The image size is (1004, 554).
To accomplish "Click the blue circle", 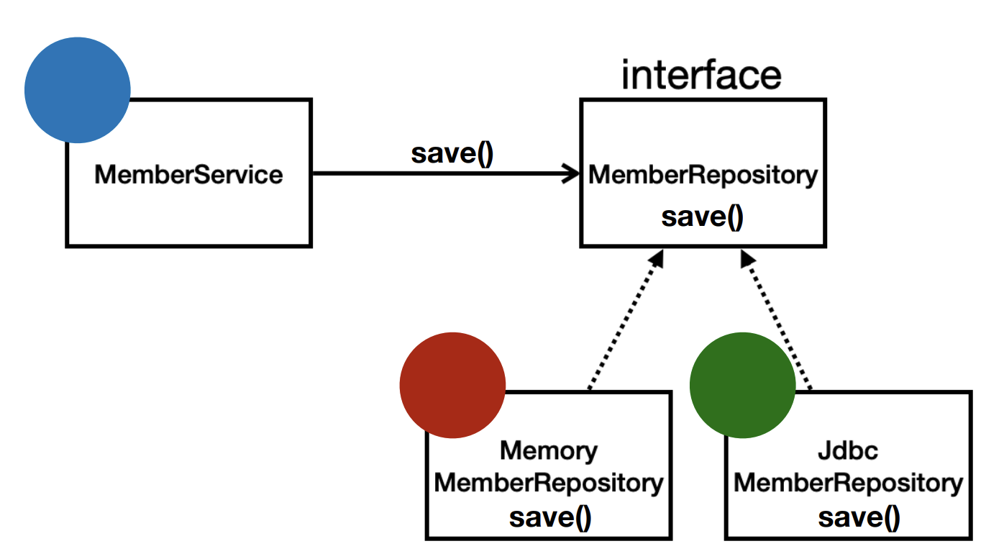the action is pos(78,90).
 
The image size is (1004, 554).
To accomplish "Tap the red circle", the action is pos(452,385).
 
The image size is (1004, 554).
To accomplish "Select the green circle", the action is pos(743,385).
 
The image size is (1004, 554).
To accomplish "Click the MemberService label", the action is pos(188,174).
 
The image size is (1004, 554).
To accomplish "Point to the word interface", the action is pos(701,75).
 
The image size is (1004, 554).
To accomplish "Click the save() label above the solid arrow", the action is pos(452,154).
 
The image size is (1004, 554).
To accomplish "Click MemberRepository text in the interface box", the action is pos(703,176).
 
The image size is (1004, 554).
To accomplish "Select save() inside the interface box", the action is pos(703,218).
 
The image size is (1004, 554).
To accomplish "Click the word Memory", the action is pos(549,451).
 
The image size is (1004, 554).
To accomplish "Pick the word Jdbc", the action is pos(848,450).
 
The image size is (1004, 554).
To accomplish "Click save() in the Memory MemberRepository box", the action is pos(550,518).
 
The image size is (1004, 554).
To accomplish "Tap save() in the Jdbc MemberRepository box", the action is pos(859,518).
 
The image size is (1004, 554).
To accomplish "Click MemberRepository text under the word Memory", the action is pos(549,483).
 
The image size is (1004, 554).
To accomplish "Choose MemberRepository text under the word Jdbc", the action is pos(849,483).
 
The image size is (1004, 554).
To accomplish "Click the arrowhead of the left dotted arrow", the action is pos(657,258).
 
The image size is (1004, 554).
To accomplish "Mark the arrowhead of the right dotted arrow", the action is pos(747,258).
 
